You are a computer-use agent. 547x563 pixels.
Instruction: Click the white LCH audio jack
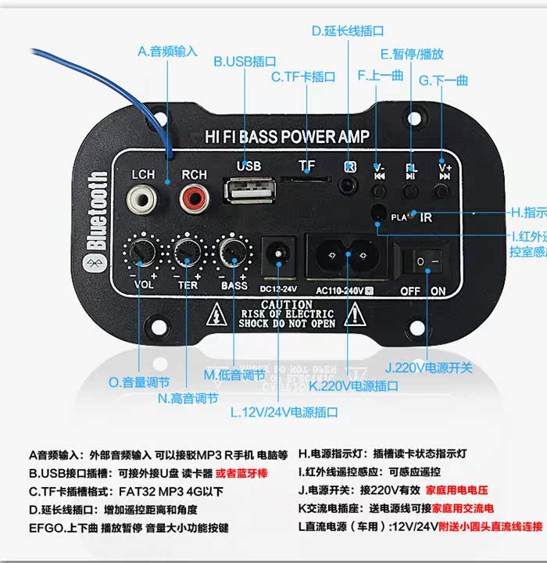[143, 200]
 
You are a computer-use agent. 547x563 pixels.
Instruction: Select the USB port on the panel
[248, 192]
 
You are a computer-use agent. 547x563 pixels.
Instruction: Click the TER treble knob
[188, 252]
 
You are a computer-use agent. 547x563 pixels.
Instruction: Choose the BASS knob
[232, 252]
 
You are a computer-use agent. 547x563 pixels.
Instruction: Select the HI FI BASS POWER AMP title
[287, 138]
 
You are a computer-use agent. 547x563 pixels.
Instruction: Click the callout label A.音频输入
[167, 52]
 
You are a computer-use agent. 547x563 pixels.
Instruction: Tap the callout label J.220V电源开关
[429, 367]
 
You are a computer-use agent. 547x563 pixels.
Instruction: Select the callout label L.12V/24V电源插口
[284, 411]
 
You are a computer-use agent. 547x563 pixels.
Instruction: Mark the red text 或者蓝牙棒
[245, 472]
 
